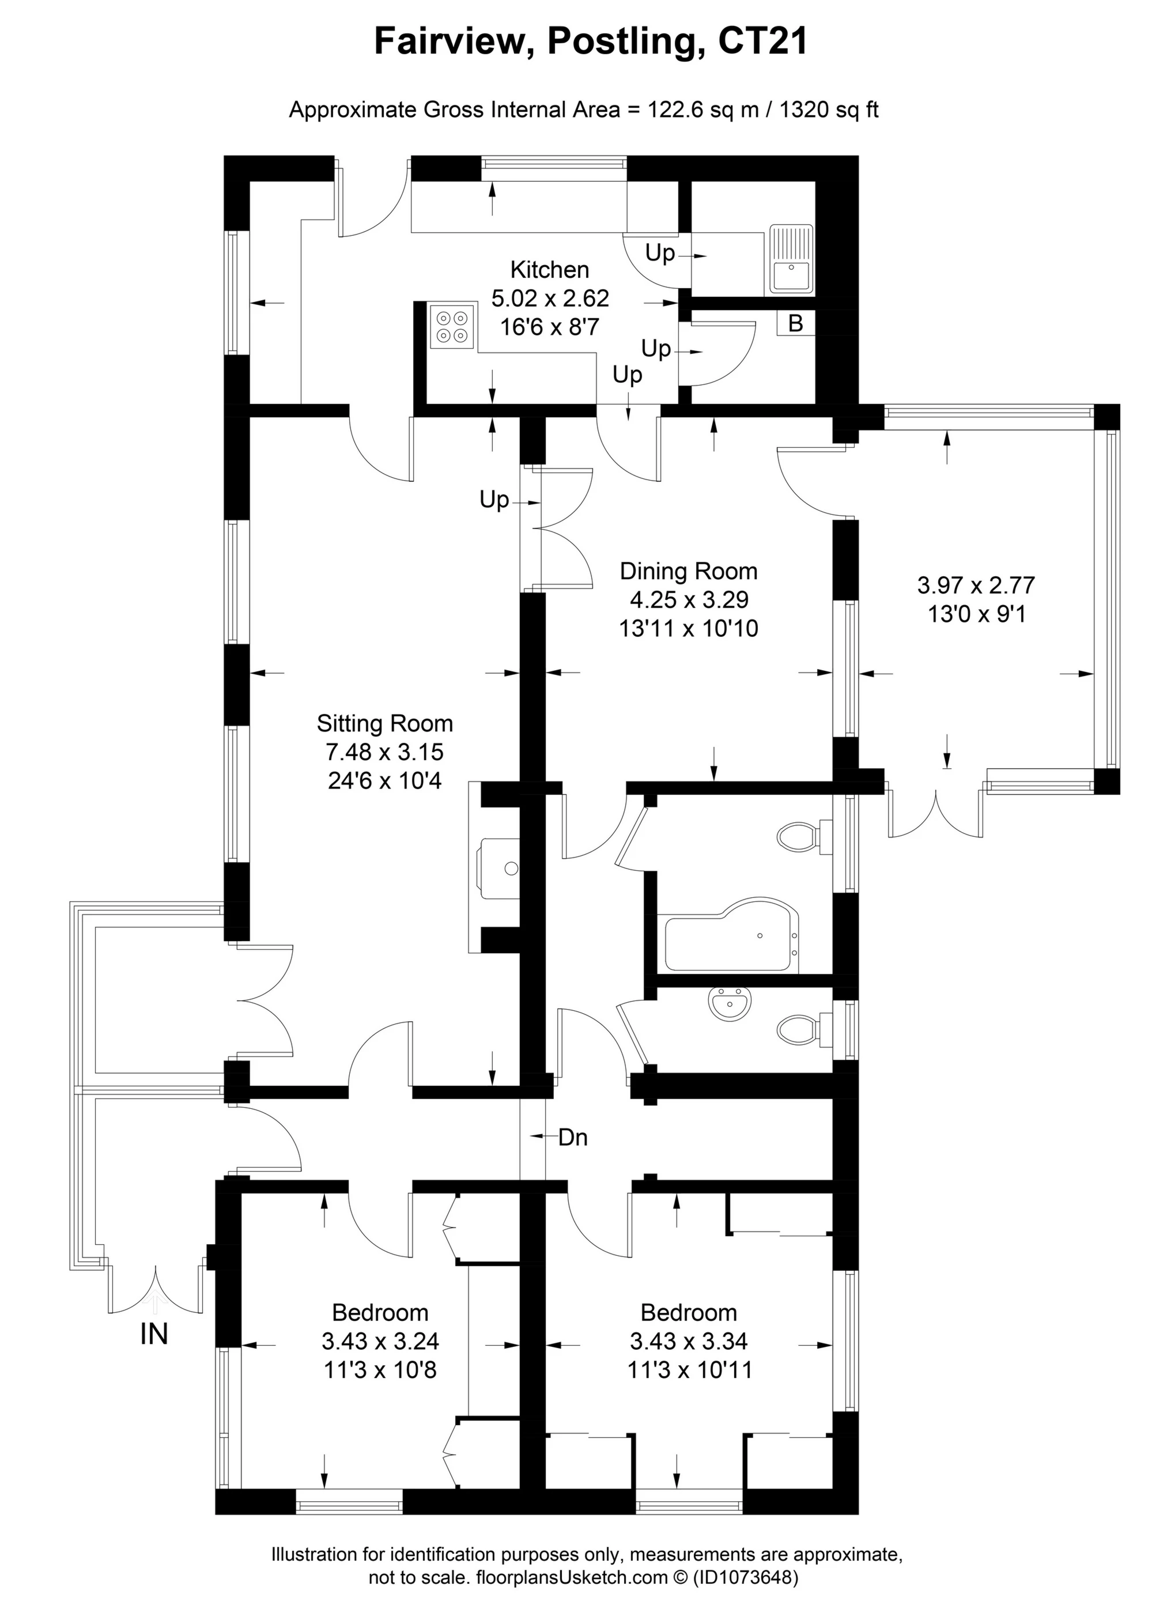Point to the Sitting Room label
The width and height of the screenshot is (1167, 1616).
pyautogui.click(x=385, y=723)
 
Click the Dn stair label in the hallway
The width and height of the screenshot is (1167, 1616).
pyautogui.click(x=573, y=1137)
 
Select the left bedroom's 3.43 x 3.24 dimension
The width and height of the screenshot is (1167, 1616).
pyautogui.click(x=380, y=1341)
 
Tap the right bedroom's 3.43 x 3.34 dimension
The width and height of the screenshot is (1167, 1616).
pyautogui.click(x=688, y=1341)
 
